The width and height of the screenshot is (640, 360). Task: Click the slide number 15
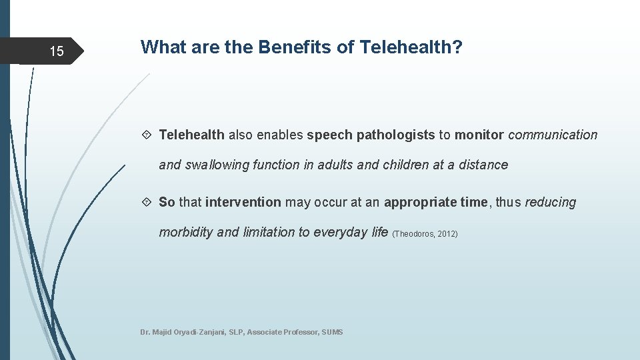57,51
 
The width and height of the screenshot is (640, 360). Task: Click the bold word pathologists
395,135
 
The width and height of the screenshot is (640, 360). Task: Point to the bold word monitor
479,135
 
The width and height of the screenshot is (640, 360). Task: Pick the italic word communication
553,135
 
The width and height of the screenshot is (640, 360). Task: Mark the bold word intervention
243,203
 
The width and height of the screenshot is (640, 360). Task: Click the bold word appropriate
435,203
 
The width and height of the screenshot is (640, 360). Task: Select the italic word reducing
551,203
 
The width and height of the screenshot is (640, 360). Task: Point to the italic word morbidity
186,233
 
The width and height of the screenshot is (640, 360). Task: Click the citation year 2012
446,235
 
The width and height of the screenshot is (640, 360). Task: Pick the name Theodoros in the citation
415,235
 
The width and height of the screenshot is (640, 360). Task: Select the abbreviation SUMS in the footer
332,332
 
